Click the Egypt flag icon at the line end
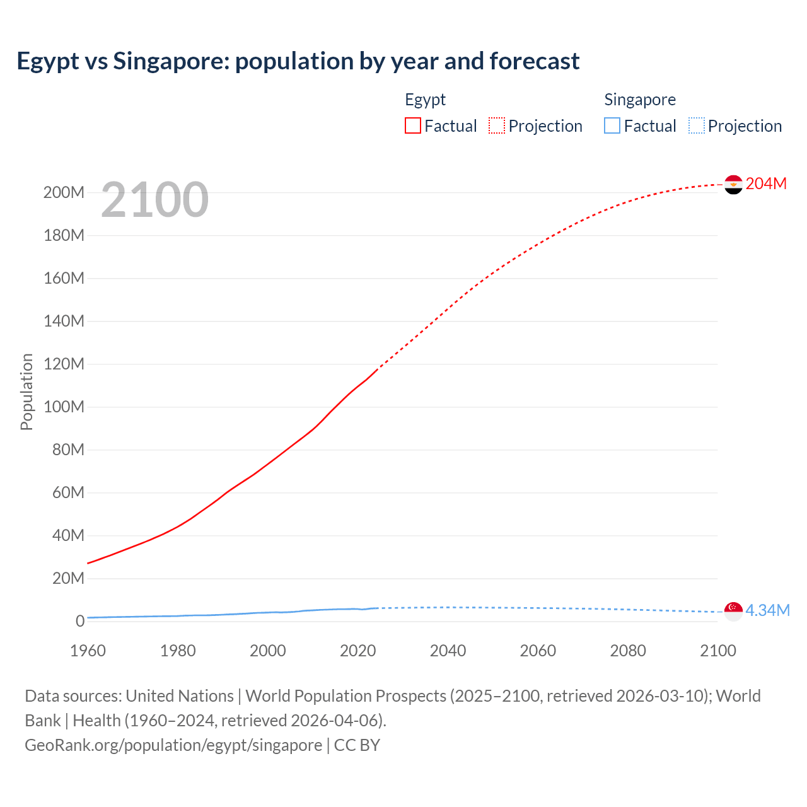(733, 184)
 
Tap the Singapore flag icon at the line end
(733, 611)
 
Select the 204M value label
(766, 183)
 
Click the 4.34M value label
(767, 610)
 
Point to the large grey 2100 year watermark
(154, 200)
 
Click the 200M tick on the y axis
(64, 192)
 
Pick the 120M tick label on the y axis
(64, 364)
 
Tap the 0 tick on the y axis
(80, 621)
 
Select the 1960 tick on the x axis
(88, 651)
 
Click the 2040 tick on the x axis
(448, 651)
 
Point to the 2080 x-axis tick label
(628, 651)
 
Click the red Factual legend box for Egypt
(413, 125)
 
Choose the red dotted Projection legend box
(497, 125)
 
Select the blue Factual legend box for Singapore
(612, 125)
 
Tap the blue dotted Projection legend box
(697, 125)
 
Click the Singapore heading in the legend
(640, 100)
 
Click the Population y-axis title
(26, 392)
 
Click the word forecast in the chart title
(535, 61)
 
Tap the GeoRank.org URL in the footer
(173, 745)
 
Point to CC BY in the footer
(357, 745)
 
